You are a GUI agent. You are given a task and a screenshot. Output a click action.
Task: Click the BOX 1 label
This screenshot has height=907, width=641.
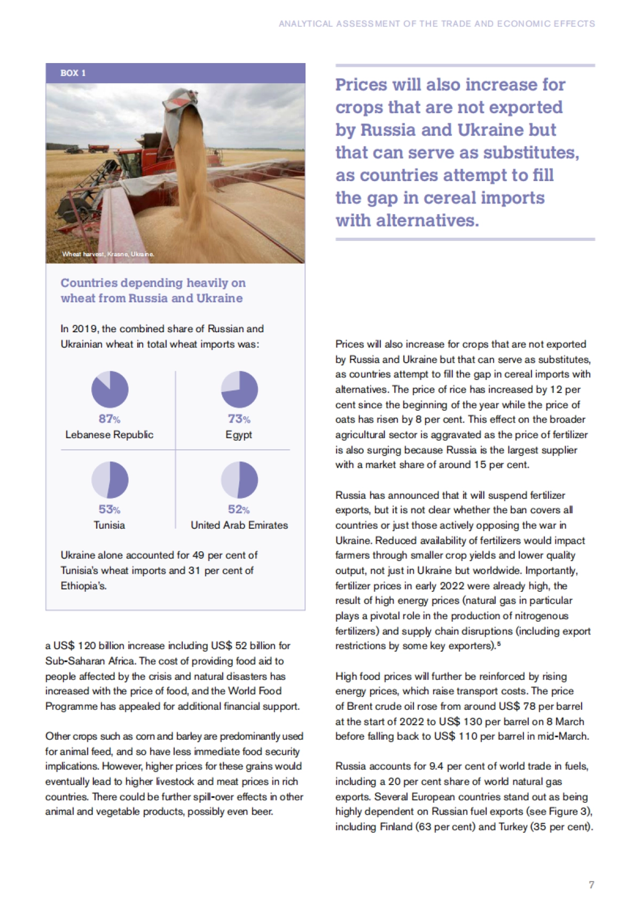click(73, 73)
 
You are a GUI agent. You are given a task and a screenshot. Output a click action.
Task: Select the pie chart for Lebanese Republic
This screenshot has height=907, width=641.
click(110, 389)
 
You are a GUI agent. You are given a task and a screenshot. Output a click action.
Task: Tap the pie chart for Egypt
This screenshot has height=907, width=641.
click(239, 389)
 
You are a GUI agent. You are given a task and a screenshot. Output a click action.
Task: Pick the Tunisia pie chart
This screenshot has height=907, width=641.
click(110, 480)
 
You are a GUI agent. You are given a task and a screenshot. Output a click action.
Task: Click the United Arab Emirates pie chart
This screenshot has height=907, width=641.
click(239, 480)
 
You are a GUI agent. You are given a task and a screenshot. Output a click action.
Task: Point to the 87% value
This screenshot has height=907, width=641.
click(110, 419)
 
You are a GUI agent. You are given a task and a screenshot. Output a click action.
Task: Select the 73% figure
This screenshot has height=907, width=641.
click(239, 419)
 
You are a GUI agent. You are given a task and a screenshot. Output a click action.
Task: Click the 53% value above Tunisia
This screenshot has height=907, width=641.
click(110, 510)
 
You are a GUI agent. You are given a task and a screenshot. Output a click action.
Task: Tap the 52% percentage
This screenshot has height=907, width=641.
click(239, 510)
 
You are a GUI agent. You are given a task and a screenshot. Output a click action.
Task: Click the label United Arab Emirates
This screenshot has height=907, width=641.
click(239, 525)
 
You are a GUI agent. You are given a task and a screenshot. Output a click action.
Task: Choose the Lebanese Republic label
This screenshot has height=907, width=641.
click(110, 435)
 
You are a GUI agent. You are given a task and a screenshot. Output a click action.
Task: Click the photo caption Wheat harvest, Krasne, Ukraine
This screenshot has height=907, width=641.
click(108, 254)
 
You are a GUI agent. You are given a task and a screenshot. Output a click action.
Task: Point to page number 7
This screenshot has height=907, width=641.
click(591, 885)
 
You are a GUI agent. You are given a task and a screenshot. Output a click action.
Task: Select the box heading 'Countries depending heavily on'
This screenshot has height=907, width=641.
click(153, 283)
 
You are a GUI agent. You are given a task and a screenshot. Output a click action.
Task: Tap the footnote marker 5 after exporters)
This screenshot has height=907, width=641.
click(498, 644)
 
